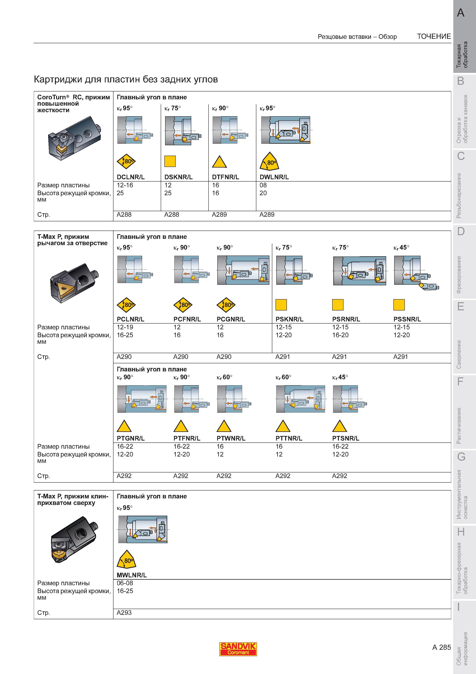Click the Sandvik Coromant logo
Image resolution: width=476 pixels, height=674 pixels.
pyautogui.click(x=238, y=649)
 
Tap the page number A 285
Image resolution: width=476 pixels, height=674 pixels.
pyautogui.click(x=441, y=647)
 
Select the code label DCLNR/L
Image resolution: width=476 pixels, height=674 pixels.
pyautogui.click(x=131, y=177)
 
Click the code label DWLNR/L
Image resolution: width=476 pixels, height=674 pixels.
pyautogui.click(x=274, y=177)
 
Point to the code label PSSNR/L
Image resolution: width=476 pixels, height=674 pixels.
pyautogui.click(x=407, y=319)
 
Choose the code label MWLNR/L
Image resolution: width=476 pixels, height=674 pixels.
pyautogui.click(x=132, y=575)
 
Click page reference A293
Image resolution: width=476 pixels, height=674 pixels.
pyautogui.click(x=124, y=613)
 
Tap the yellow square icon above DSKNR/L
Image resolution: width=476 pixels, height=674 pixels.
pyautogui.click(x=170, y=161)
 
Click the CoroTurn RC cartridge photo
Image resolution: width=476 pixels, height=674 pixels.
pyautogui.click(x=74, y=138)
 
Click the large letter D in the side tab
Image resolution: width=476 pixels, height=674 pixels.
pyautogui.click(x=461, y=231)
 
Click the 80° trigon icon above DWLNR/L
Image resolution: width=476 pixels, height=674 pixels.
pyautogui.click(x=269, y=161)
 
